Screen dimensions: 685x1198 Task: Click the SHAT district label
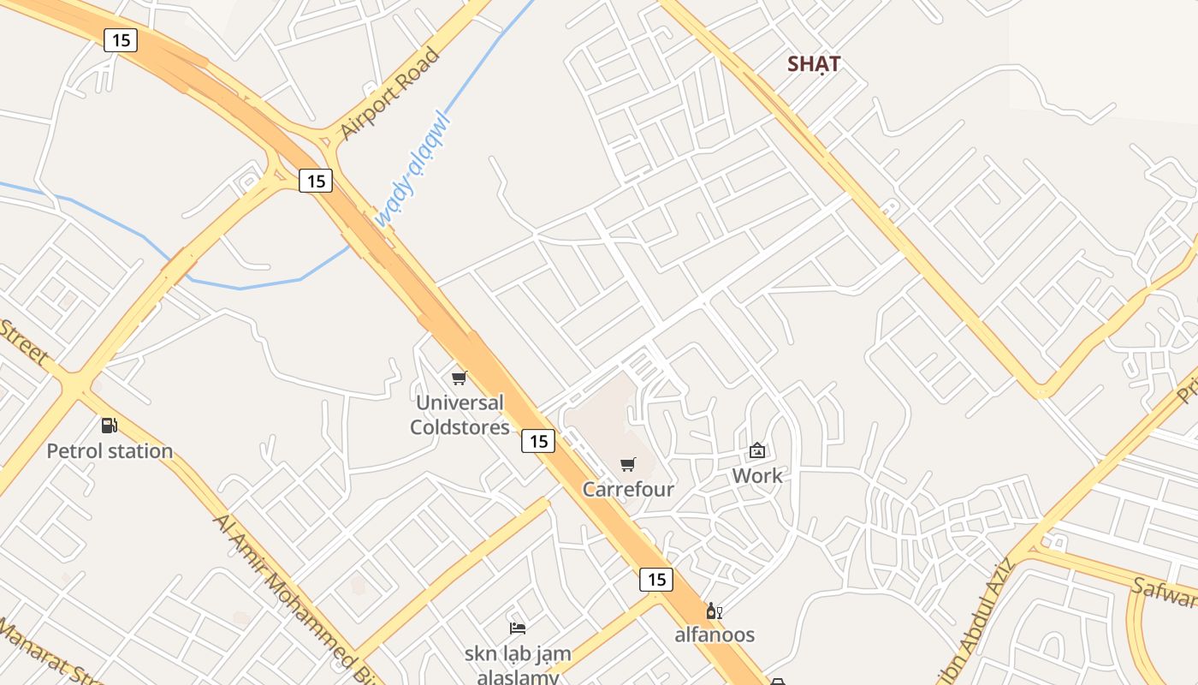coord(814,64)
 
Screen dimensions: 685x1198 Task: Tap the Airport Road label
coord(389,94)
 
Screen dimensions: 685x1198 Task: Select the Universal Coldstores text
coord(460,414)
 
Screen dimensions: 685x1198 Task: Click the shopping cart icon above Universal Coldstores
coord(460,378)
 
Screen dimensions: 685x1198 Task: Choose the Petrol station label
coord(110,451)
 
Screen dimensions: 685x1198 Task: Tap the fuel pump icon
coord(109,425)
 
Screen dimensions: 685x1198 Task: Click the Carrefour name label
coord(628,490)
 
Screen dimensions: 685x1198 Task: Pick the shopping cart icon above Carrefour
coord(628,464)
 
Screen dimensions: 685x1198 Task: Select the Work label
coord(757,475)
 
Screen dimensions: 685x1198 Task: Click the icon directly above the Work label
coord(757,450)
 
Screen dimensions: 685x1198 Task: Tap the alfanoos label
coord(715,634)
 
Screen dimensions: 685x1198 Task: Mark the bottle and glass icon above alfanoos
coord(714,611)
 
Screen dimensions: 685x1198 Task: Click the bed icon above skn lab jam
coord(517,628)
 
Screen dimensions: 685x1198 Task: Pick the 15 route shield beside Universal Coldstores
coord(537,441)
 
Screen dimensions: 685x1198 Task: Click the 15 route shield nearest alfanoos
coord(656,579)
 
